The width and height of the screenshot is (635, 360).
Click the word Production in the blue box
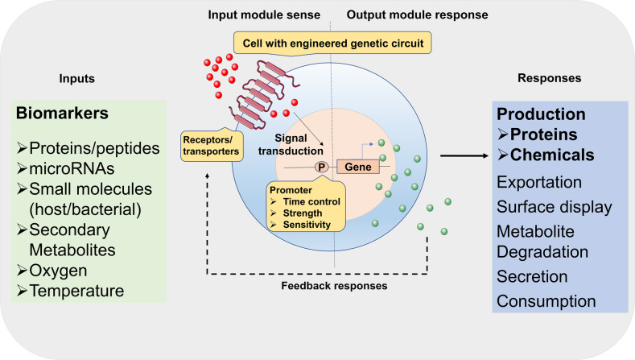(x=539, y=114)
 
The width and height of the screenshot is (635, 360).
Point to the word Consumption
(x=546, y=301)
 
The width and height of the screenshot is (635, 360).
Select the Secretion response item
(x=532, y=276)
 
